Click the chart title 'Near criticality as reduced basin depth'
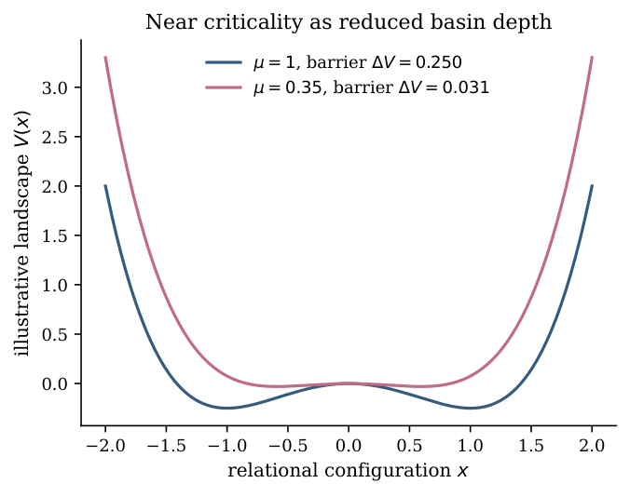tap(349, 22)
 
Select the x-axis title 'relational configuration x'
tap(348, 470)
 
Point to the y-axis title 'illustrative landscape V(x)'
tap(22, 233)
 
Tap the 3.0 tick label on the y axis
tap(55, 87)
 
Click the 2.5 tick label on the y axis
tap(55, 137)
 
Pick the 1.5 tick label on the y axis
tap(55, 235)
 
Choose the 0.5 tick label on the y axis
tap(55, 334)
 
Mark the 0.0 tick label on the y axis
tap(55, 383)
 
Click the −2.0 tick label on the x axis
tap(105, 446)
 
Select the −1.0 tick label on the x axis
tap(227, 446)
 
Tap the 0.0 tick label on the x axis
tap(349, 446)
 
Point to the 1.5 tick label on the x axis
tap(531, 446)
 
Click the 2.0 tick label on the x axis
tap(592, 446)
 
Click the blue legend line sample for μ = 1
tap(224, 62)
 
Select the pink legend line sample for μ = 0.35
tap(224, 87)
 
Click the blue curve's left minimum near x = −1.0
tap(227, 408)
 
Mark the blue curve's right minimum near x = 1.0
tap(471, 408)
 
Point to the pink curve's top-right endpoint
tap(592, 58)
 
